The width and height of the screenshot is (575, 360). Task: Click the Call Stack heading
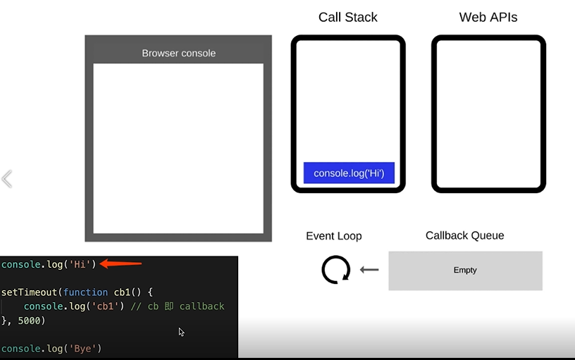click(x=347, y=17)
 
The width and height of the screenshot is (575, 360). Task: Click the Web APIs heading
click(x=488, y=17)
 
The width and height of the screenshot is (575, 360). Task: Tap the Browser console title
click(x=178, y=53)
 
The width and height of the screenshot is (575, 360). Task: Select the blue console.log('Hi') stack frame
click(x=349, y=173)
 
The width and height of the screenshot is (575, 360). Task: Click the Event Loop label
click(x=333, y=236)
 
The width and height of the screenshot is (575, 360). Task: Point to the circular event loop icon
click(x=335, y=269)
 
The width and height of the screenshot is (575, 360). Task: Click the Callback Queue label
click(x=464, y=235)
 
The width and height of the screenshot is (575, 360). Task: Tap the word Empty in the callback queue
click(x=465, y=270)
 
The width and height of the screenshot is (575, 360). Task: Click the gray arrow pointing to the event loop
click(x=369, y=269)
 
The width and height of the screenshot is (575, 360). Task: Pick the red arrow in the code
click(x=121, y=264)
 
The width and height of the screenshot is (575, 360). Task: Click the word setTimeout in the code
click(x=30, y=292)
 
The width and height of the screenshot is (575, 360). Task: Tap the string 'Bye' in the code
click(x=83, y=349)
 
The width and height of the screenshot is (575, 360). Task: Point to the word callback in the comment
click(x=202, y=306)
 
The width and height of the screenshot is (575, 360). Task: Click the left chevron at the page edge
click(x=7, y=179)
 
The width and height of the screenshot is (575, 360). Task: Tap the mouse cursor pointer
click(x=181, y=332)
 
